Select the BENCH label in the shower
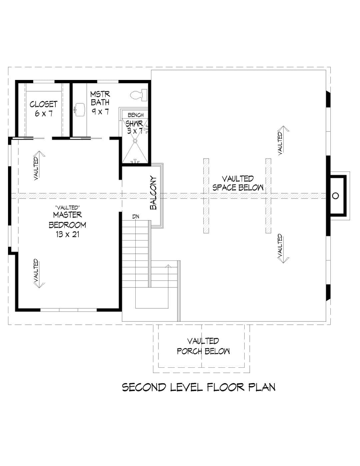click(136, 115)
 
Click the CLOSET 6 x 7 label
click(44, 109)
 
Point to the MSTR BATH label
click(100, 98)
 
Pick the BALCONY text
click(153, 193)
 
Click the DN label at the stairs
click(136, 217)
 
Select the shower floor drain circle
click(135, 141)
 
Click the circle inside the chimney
click(335, 196)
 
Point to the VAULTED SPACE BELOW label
click(238, 183)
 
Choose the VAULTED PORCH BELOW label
click(203, 346)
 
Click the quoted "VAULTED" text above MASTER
click(68, 208)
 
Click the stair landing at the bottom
click(152, 298)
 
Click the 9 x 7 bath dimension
click(100, 111)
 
